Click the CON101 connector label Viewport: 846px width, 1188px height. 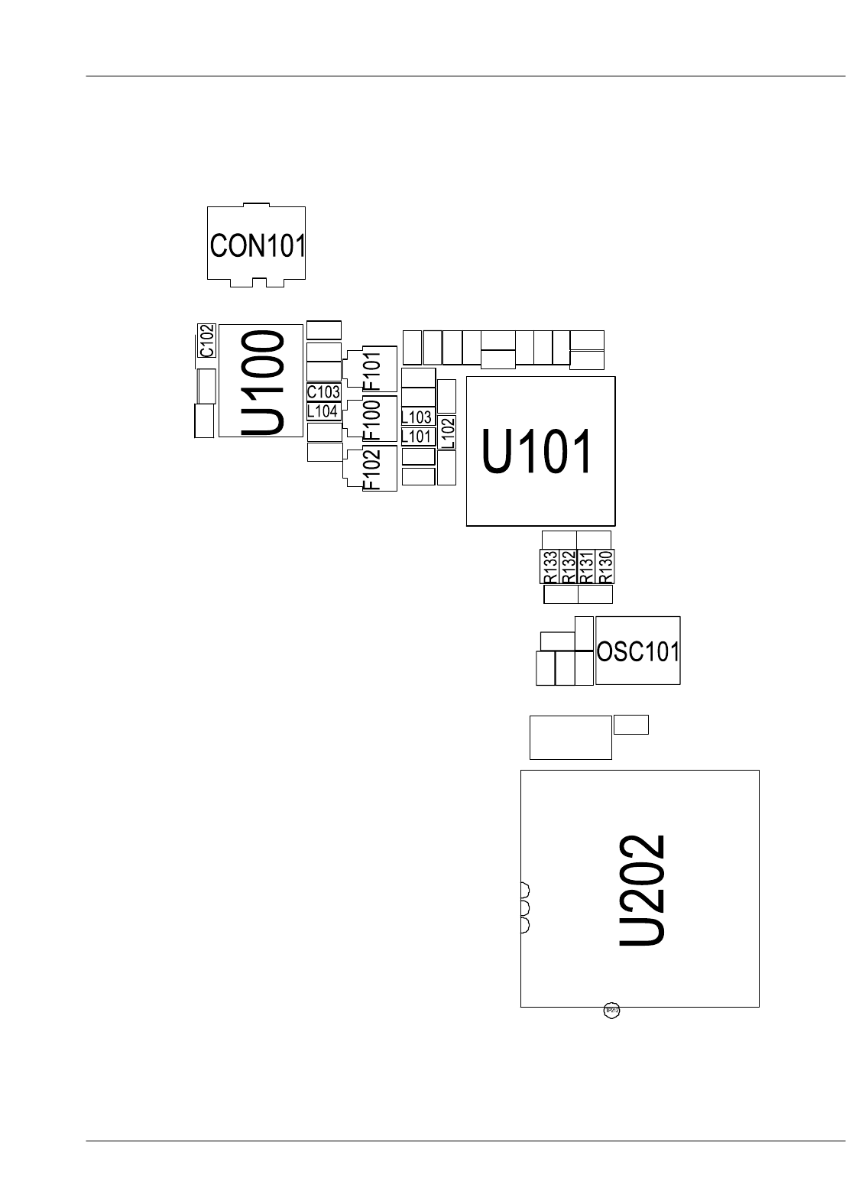coord(258,245)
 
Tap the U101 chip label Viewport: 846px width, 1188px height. coord(537,452)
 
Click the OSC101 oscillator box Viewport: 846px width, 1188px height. coord(637,651)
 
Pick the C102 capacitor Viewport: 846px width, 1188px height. coord(206,341)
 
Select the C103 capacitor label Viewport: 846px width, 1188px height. coord(323,392)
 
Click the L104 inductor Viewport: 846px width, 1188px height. coord(323,411)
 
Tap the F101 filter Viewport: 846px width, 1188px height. coord(371,369)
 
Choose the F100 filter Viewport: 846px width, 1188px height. coord(371,420)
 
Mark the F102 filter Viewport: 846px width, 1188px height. coord(371,469)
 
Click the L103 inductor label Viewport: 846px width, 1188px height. coord(417,417)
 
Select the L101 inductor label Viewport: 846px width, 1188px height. coord(417,437)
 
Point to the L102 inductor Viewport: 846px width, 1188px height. coord(447,433)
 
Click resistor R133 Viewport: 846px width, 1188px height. coord(549,566)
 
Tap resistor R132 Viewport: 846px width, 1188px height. coord(568,566)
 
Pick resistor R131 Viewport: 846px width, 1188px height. coord(586,566)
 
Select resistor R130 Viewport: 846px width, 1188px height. coord(605,566)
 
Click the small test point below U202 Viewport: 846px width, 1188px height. coord(611,1011)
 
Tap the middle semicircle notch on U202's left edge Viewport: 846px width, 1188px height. coord(525,907)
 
